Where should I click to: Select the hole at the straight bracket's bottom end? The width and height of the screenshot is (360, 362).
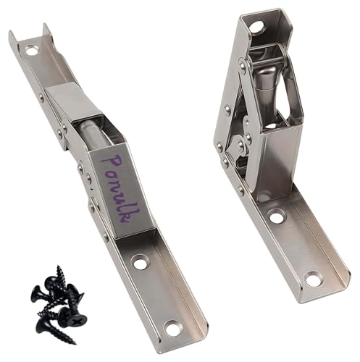tap(172, 329)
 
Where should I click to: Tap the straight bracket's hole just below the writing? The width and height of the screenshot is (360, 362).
tap(140, 263)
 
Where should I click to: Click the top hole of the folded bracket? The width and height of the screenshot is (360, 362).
tap(256, 28)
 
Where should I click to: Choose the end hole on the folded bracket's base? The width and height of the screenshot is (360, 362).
tap(312, 278)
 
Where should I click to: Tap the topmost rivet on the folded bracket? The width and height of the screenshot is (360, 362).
tap(241, 67)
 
